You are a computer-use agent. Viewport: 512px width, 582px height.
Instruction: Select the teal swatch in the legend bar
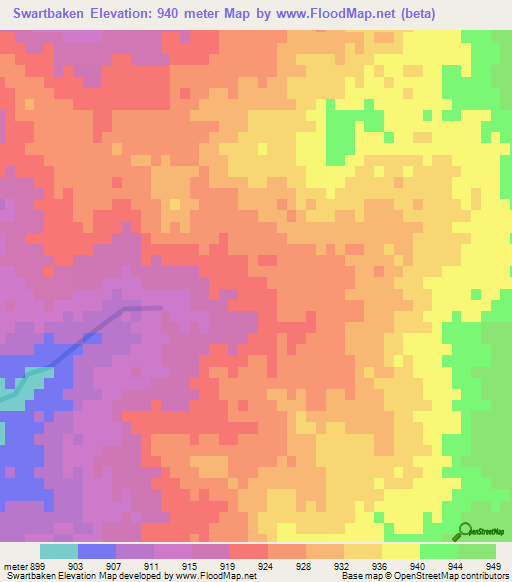click(59, 551)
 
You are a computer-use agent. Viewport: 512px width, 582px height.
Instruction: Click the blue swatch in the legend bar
click(97, 551)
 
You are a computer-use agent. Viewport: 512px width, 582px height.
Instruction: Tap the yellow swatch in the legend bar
click(400, 551)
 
